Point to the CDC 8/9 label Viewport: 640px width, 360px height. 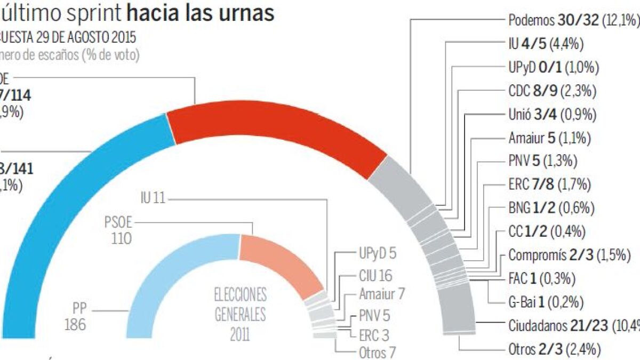[552, 91]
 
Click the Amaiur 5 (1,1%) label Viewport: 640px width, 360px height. [549, 138]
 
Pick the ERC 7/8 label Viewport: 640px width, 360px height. [549, 185]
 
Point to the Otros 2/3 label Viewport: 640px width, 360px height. [555, 349]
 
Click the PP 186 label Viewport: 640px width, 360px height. [75, 317]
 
